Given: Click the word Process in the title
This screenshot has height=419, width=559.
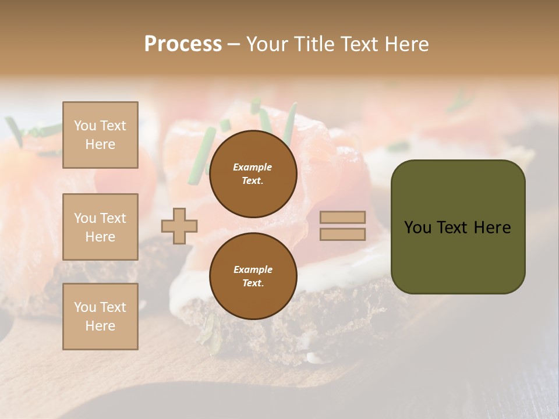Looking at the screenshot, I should (x=183, y=44).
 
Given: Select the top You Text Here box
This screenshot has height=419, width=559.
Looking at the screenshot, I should (x=100, y=135).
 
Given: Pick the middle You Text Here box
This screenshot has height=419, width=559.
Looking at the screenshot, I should (x=100, y=227).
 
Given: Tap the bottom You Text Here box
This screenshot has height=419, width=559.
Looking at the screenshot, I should (x=100, y=317).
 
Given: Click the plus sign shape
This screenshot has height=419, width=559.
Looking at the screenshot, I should (x=179, y=226).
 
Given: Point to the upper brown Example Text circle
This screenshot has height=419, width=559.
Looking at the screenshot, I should (x=253, y=173).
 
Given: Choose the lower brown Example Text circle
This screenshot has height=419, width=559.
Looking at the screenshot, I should (x=253, y=276).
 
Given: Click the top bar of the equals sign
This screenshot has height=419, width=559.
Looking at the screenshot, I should (x=342, y=217).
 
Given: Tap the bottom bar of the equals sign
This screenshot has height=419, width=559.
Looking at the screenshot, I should (x=342, y=234).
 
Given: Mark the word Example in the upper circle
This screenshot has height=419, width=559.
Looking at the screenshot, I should (x=253, y=167).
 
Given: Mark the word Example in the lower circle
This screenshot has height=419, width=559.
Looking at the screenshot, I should (x=253, y=269).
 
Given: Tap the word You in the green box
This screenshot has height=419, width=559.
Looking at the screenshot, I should (x=418, y=227).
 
